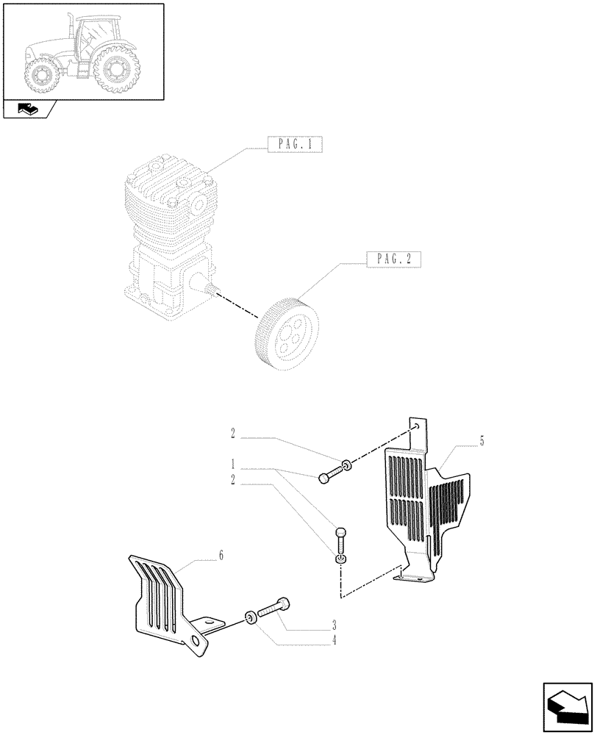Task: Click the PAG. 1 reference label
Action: [x=295, y=145]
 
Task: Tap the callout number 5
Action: [x=482, y=441]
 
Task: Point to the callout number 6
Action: [x=221, y=556]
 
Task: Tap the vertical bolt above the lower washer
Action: [x=340, y=539]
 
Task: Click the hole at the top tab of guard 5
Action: [x=416, y=426]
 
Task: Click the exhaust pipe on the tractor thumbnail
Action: [x=70, y=26]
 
